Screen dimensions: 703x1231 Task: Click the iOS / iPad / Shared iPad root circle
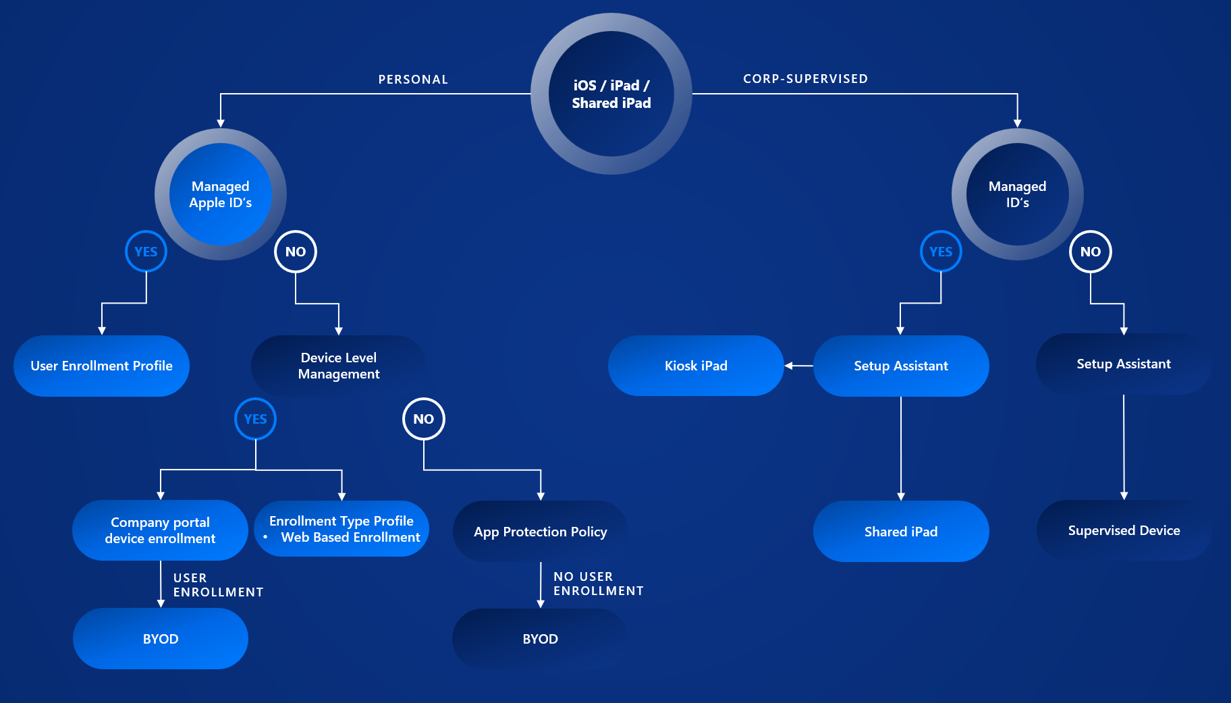611,94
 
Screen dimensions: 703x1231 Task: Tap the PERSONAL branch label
413,80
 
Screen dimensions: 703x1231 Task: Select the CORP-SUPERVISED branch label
805,79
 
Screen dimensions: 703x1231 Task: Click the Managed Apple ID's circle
221,194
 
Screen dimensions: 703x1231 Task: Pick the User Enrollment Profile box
101,366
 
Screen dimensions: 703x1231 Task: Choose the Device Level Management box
339,366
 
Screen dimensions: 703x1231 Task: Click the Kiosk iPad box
696,366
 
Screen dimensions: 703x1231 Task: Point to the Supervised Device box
1124,530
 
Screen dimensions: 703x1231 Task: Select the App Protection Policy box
540,532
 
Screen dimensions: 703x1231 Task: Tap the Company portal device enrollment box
160,530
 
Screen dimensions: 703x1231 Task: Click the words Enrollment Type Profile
341,521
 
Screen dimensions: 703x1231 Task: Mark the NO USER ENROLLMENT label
598,584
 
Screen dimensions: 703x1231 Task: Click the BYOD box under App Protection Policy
540,639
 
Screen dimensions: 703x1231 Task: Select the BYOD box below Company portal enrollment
161,639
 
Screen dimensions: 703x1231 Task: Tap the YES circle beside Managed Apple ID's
146,252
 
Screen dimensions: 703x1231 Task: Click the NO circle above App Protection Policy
424,419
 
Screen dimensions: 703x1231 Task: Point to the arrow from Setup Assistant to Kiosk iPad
799,366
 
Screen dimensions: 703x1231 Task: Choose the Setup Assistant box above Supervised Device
1124,364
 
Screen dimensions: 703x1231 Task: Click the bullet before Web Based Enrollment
266,537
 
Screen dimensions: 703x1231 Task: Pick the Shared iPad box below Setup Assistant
901,532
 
